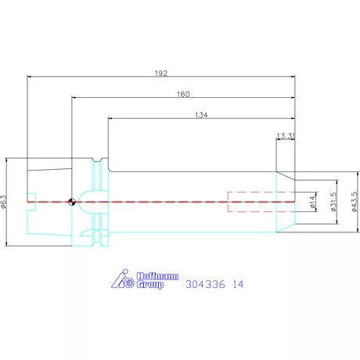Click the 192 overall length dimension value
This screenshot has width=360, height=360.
[x=161, y=74]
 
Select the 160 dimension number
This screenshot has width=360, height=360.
[x=183, y=94]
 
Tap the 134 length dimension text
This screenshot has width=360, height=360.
[x=201, y=115]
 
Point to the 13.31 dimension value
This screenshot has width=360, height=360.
[x=286, y=136]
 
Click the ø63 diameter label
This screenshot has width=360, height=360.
[x=3, y=202]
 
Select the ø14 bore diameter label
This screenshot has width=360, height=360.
[x=312, y=202]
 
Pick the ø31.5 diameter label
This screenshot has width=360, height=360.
[x=333, y=202]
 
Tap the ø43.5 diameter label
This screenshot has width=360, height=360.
[x=355, y=202]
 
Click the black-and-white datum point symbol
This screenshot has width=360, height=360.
[x=72, y=202]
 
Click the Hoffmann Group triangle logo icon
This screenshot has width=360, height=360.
[x=123, y=279]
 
